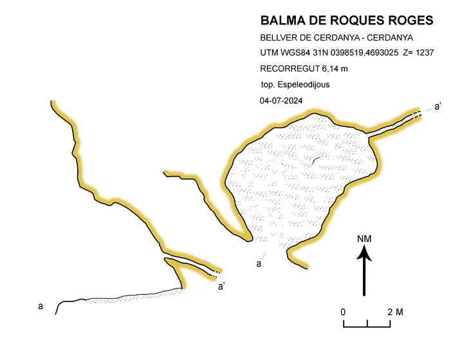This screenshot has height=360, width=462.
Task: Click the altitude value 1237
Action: point(425,53)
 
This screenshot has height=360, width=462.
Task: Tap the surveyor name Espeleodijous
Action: point(304,84)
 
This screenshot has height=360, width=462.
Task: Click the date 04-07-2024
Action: point(281,101)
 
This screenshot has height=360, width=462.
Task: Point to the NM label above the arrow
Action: point(364,239)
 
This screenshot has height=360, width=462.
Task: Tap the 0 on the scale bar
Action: point(343,312)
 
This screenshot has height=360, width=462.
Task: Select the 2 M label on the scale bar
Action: point(395,312)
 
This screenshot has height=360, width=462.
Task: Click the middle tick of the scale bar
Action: point(367,323)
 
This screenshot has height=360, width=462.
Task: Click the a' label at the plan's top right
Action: point(438,106)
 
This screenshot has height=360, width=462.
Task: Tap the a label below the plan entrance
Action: point(259,264)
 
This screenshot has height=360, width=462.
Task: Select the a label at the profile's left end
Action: point(41,307)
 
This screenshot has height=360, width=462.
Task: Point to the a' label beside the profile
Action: point(221,287)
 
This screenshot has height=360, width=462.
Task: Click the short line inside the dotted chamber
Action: point(317,161)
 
